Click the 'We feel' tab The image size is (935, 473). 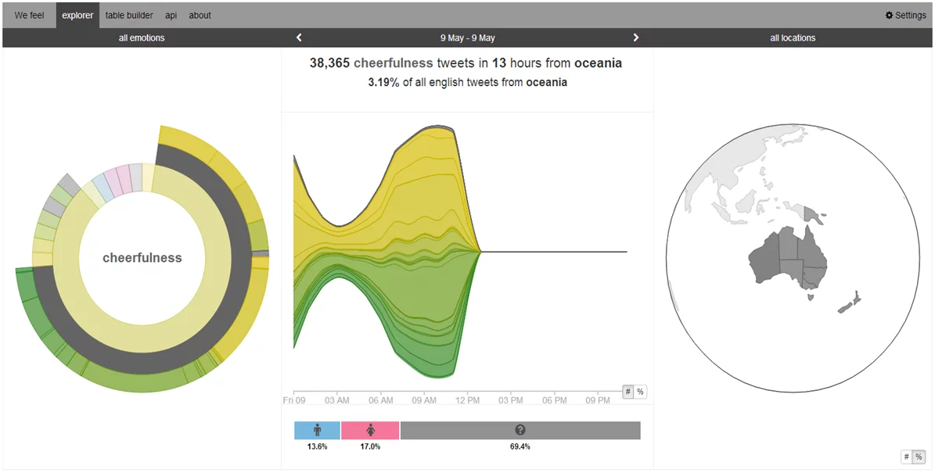point(29,15)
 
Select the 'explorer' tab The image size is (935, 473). point(77,15)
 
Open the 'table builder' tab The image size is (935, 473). point(129,15)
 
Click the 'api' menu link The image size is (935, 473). point(171,15)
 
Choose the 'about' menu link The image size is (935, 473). point(200,15)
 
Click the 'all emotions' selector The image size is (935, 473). point(142,38)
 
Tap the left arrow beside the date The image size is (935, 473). point(299,38)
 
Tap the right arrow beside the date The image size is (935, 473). point(635,38)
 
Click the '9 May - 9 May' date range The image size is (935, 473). point(467,38)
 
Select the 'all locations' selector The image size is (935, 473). point(793,38)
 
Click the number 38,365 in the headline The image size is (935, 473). point(329,63)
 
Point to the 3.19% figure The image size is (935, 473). point(383,82)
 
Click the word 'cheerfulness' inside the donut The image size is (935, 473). point(142,258)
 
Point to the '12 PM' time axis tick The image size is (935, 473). point(467,400)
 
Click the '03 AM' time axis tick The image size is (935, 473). point(337,400)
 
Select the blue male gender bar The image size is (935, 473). point(317,430)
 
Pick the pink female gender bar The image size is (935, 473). point(370,430)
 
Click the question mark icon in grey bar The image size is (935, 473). point(520,430)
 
